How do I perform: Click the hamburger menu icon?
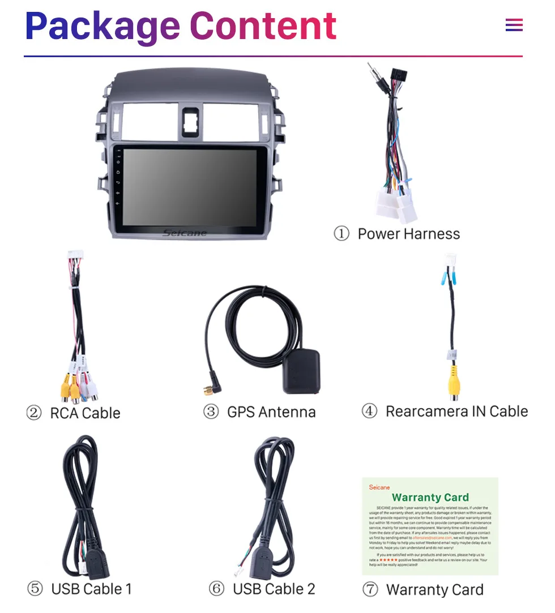tap(514, 25)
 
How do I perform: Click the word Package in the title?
tap(103, 27)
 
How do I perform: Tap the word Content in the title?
tap(263, 26)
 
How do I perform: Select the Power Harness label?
tap(408, 234)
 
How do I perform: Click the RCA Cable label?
tap(85, 413)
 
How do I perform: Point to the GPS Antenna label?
tap(271, 412)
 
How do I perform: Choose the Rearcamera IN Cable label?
tap(456, 411)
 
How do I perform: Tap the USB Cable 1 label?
tap(91, 589)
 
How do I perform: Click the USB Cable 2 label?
tap(274, 589)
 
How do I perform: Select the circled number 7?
tap(370, 590)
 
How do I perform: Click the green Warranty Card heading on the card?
tap(430, 498)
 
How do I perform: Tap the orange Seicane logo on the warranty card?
tap(379, 487)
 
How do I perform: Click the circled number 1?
tap(341, 234)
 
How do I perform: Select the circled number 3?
tap(211, 412)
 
